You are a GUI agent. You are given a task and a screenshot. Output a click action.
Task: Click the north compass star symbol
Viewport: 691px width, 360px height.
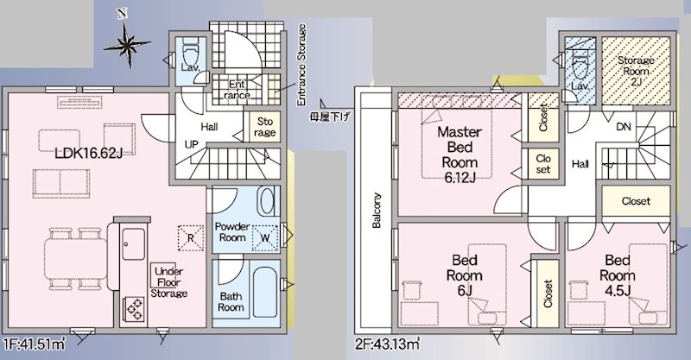coord(126,44)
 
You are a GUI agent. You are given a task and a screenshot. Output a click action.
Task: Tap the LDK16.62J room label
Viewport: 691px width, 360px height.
coord(88,154)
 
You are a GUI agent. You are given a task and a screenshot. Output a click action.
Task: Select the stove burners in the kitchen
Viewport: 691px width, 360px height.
coord(135,308)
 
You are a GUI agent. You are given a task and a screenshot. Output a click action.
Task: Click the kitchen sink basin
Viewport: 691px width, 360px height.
coord(133,243)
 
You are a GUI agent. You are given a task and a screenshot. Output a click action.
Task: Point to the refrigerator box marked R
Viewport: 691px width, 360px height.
coord(191,238)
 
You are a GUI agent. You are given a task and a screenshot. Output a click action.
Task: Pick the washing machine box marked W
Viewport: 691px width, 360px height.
coord(265,238)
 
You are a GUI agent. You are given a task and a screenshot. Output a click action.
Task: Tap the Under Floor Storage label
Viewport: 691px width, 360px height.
coord(169,282)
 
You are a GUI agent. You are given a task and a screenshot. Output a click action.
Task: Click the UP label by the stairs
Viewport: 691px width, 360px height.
coord(192,144)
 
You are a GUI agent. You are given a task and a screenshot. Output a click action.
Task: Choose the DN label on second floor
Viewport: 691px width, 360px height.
coord(623,127)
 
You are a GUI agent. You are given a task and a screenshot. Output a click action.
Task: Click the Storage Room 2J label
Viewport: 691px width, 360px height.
coord(636,71)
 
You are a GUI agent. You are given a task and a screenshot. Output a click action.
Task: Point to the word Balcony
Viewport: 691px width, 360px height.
coord(377,210)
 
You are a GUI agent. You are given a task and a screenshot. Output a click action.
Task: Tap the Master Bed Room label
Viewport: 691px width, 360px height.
coord(460,155)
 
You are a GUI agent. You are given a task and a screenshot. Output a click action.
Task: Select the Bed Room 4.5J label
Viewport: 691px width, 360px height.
coord(618,275)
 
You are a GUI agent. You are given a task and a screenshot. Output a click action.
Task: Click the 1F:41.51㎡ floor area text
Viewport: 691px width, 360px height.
coord(34,344)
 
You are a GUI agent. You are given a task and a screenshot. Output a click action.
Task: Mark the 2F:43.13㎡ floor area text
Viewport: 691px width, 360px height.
coord(387,344)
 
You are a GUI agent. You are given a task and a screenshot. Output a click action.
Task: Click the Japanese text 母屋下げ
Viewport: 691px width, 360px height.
coord(330,117)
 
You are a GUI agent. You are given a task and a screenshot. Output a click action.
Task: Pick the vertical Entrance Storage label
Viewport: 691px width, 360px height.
coord(301,65)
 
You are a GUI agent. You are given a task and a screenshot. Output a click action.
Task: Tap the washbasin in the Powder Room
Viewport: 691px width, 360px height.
coord(267,201)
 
